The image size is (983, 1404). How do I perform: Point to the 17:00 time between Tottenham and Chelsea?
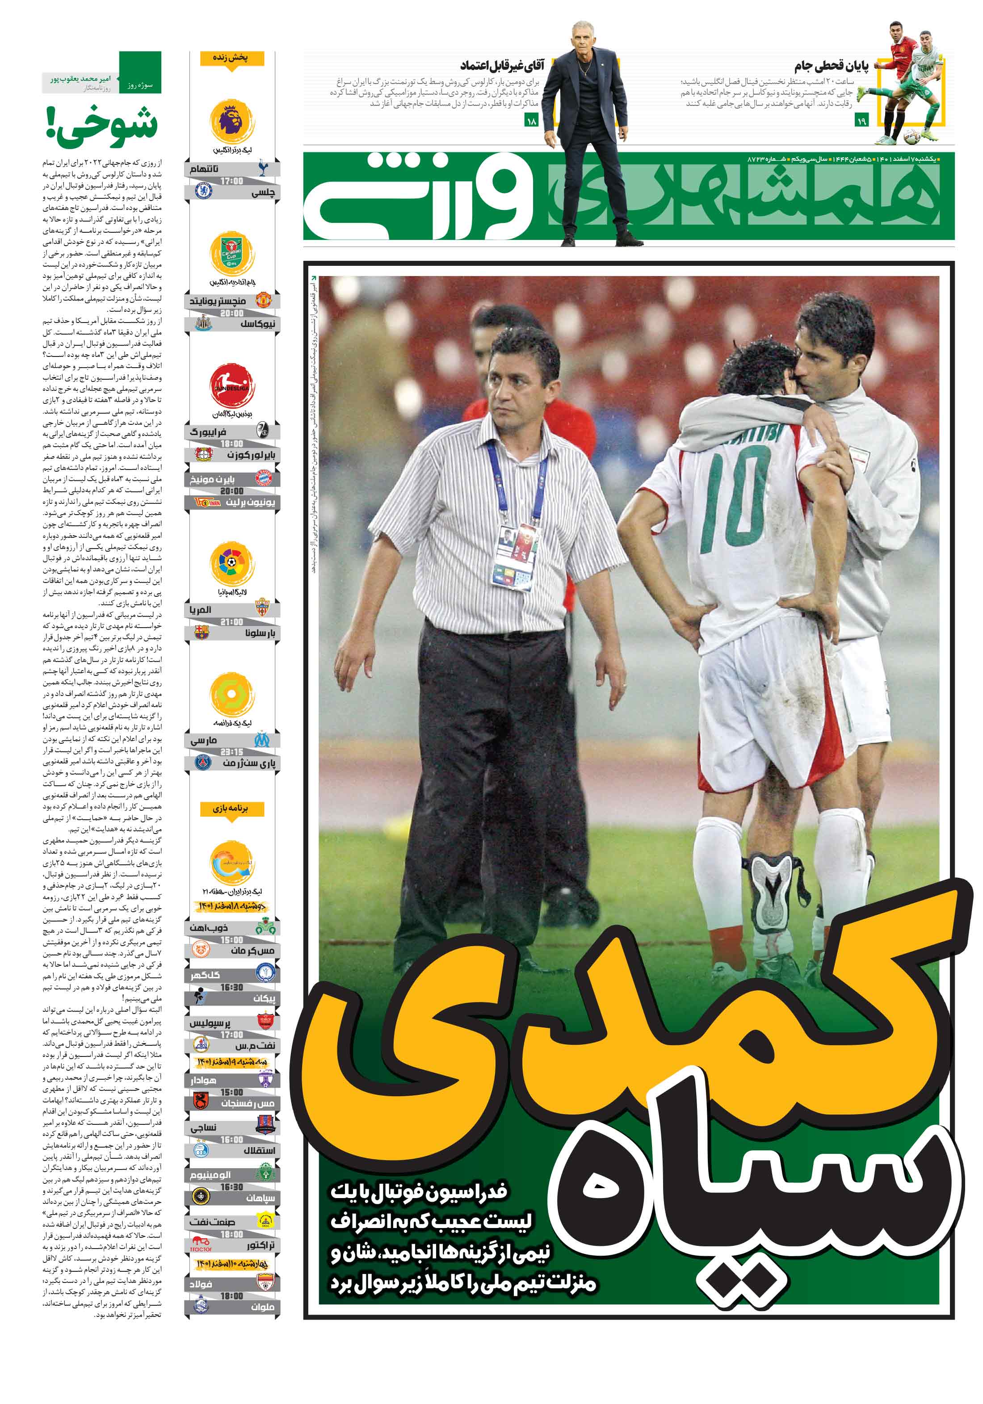pyautogui.click(x=232, y=181)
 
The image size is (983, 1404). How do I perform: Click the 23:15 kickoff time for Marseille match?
pyautogui.click(x=232, y=751)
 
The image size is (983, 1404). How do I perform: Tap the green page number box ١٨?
pyautogui.click(x=531, y=122)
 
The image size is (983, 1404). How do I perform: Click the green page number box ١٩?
pyautogui.click(x=861, y=122)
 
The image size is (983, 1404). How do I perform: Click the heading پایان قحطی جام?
pyautogui.click(x=831, y=66)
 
